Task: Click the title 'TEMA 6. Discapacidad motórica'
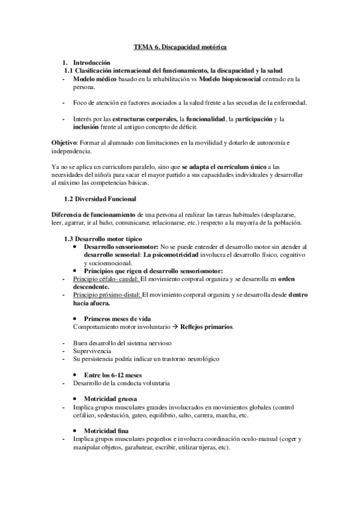(180, 46)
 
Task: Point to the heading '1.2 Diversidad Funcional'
(100, 198)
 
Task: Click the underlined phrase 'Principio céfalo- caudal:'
(105, 279)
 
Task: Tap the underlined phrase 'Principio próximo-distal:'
(106, 295)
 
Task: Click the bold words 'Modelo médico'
(94, 79)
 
